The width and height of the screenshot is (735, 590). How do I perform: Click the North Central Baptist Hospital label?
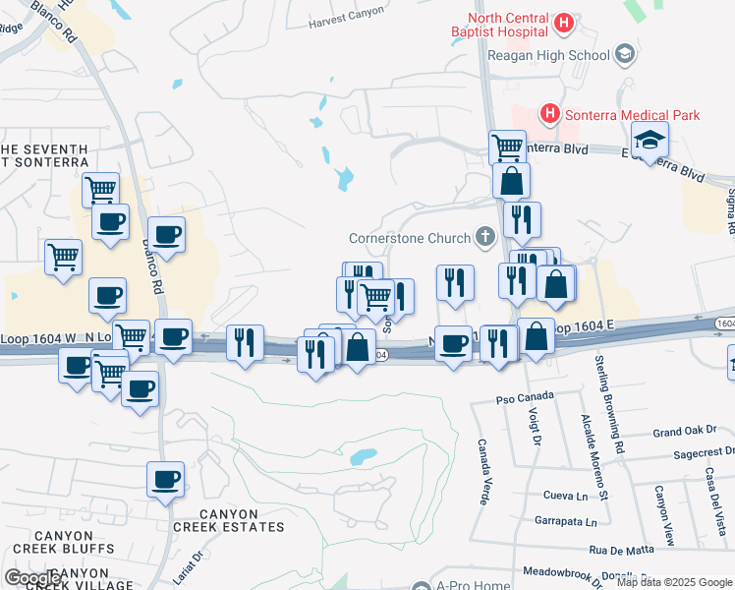(x=506, y=25)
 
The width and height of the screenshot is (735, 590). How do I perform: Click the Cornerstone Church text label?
(x=410, y=238)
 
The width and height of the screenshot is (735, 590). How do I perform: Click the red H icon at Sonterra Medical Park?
(x=549, y=115)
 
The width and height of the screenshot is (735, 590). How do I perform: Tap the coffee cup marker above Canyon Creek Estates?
(x=165, y=481)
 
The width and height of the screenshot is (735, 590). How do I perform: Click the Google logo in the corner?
(x=32, y=578)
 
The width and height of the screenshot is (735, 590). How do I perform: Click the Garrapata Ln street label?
(x=565, y=521)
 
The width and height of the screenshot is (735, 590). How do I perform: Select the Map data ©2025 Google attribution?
(x=673, y=582)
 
